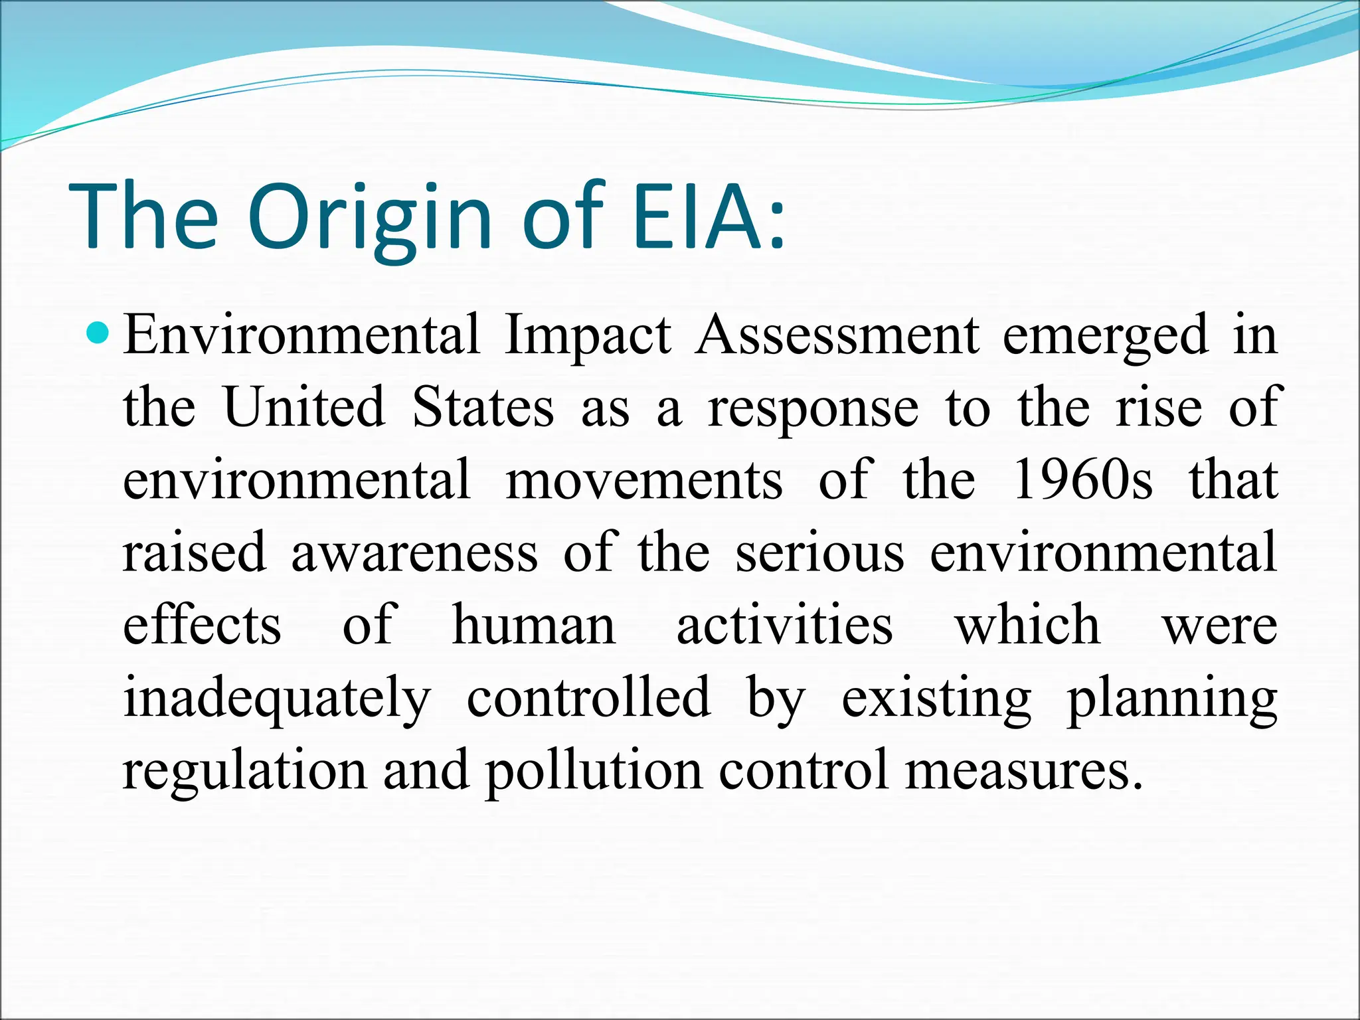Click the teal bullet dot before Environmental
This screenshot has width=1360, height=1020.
pos(98,332)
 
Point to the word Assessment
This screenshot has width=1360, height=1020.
pos(837,335)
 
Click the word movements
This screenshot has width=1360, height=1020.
pos(643,479)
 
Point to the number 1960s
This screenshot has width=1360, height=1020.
pos(1082,479)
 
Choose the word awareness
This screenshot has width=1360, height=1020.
pos(414,552)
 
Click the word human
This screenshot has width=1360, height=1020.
pos(534,624)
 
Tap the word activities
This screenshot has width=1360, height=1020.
pos(784,624)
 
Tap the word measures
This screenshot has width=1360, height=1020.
pos(1022,770)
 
